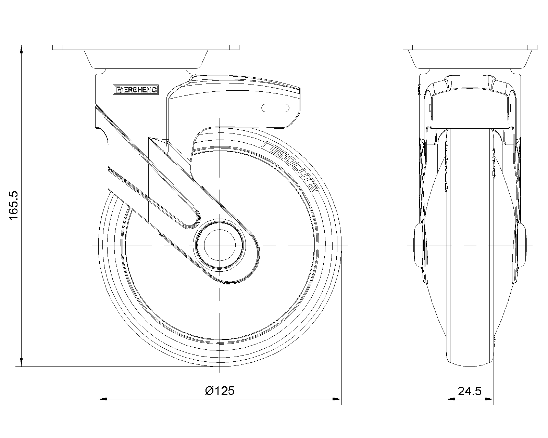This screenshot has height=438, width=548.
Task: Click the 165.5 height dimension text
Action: point(13,205)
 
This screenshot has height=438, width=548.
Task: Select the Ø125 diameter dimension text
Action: point(220,391)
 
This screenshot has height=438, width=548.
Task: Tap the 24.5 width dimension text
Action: point(470,391)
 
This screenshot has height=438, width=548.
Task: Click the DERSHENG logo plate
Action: point(136,90)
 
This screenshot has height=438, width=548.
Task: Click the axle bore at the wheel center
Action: point(220,245)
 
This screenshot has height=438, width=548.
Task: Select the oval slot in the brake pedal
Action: point(275,108)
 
